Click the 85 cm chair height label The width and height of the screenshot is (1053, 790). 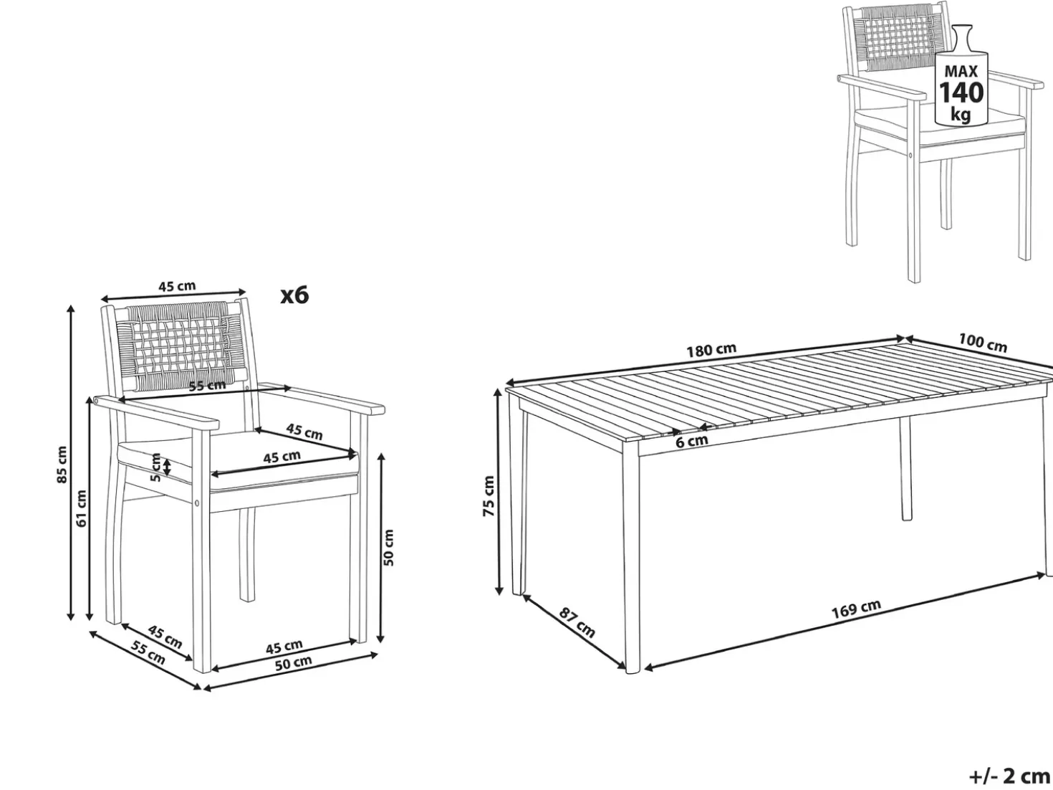pos(62,464)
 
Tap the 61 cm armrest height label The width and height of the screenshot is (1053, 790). pos(82,508)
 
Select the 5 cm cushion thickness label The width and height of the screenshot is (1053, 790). pos(155,467)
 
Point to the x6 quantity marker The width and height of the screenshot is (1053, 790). pos(294,295)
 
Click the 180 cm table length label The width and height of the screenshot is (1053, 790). pos(711,350)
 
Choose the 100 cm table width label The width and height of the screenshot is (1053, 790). pos(983,343)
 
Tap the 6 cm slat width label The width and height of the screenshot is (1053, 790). pos(692,441)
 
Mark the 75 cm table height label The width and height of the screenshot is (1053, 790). pos(488,496)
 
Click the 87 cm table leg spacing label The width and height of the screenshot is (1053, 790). pos(577,622)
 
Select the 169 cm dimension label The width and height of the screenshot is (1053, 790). pos(856,608)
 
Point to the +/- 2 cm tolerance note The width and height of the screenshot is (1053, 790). pos(1009,776)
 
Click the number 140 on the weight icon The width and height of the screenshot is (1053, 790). pos(961,92)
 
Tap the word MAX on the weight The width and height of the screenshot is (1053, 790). pos(961,72)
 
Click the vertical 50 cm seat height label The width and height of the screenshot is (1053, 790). pos(388,548)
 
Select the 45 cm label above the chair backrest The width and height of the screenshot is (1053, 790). pos(178,287)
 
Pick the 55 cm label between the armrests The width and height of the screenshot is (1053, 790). pos(207,385)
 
